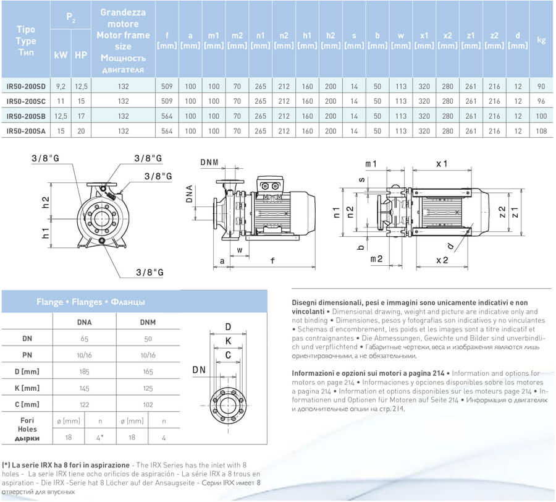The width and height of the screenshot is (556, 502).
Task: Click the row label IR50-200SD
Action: click(29, 87)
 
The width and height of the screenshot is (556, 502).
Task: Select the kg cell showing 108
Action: click(542, 131)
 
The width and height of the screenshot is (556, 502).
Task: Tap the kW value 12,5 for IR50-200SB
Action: click(61, 116)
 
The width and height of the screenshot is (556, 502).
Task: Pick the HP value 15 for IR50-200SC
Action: click(81, 101)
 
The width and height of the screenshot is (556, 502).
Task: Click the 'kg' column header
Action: click(542, 40)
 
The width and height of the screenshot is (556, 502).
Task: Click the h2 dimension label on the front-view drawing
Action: click(45, 202)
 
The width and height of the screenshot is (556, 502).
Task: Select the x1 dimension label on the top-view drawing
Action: click(441, 164)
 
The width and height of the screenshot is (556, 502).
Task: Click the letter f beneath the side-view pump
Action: click(272, 261)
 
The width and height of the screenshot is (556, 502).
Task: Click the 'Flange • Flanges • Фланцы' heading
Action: click(91, 302)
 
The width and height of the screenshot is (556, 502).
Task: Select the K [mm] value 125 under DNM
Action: click(148, 388)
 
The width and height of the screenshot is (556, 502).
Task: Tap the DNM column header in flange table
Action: click(148, 322)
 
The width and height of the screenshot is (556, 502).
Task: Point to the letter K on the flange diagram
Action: click(228, 341)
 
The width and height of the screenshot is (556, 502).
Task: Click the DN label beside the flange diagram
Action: click(199, 370)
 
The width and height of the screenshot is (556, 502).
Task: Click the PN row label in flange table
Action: click(27, 355)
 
